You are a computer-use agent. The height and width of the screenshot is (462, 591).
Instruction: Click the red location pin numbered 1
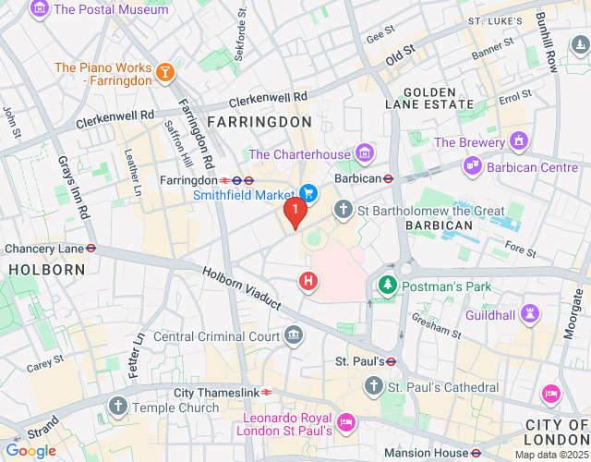[295, 212]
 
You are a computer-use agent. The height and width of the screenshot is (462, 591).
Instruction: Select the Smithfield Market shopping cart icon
[308, 193]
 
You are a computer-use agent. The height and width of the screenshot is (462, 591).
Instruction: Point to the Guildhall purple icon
[529, 314]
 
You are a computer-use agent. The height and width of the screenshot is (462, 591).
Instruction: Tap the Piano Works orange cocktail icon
[164, 73]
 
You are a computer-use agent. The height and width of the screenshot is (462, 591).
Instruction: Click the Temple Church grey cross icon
[118, 406]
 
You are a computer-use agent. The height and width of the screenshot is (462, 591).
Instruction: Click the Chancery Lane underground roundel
[91, 249]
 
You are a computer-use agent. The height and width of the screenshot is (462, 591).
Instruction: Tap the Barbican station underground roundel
[390, 179]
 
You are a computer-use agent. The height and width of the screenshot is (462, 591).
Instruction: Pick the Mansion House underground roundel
[476, 453]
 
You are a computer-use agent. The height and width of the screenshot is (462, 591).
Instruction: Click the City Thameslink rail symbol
[266, 392]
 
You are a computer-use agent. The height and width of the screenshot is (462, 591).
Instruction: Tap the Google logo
[30, 450]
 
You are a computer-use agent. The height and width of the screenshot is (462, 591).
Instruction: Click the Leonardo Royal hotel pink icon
[346, 421]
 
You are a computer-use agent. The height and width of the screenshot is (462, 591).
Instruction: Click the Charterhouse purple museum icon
[367, 152]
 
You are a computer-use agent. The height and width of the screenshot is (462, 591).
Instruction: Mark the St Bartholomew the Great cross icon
[344, 210]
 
